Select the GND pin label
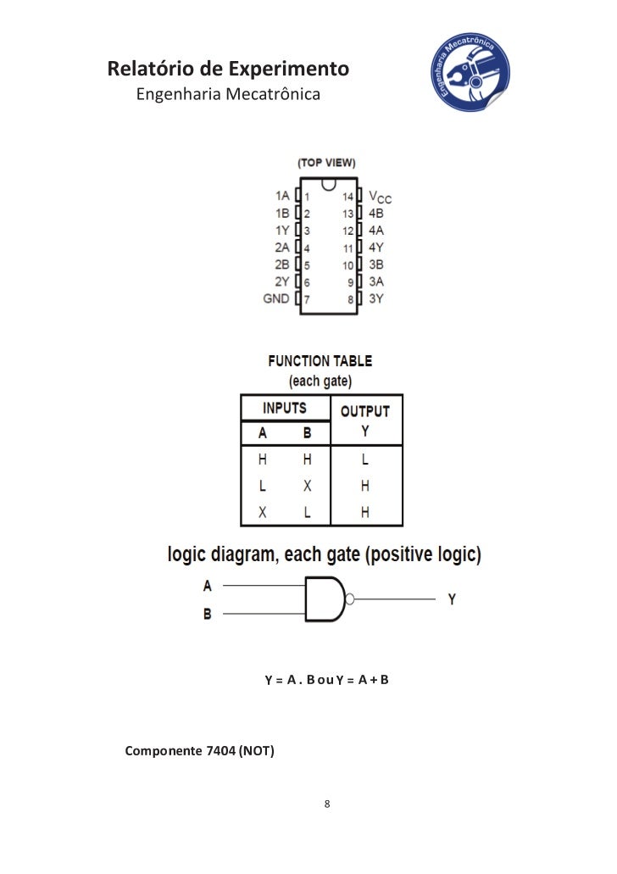276,298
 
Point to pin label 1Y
282,231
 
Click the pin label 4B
375,214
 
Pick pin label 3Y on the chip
375,298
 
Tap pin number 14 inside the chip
347,197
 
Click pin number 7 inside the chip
307,299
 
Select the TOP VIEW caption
326,163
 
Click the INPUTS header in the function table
284,408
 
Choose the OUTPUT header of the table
364,411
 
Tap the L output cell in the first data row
365,459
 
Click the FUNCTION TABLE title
320,361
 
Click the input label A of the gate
208,585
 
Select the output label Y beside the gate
452,598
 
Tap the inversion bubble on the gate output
350,599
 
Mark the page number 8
327,803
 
